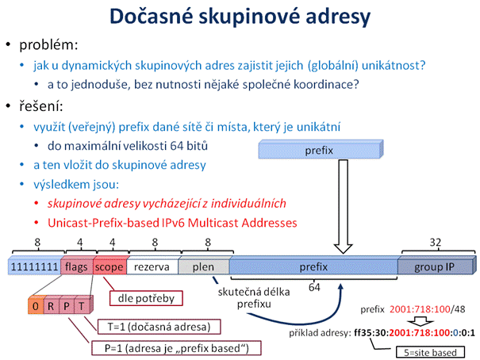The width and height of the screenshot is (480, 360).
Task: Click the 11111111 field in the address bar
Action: (35, 266)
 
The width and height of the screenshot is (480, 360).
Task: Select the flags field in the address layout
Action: (76, 266)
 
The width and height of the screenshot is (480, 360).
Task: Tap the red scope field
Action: (109, 266)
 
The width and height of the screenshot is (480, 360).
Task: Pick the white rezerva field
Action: (152, 266)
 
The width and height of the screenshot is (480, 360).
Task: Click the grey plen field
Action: (204, 266)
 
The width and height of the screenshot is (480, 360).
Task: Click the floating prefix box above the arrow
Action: (321, 150)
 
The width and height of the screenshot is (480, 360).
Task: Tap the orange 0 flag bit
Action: (36, 305)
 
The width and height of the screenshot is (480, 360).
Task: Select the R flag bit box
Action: (52, 305)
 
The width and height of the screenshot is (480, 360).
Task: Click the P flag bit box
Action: (67, 305)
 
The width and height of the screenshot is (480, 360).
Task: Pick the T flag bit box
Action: (82, 305)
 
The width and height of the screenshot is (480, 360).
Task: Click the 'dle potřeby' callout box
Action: (146, 298)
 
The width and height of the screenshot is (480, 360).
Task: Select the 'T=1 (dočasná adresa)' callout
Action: (159, 327)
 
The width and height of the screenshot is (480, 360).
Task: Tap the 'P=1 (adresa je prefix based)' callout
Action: (176, 348)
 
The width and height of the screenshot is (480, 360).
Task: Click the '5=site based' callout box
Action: (430, 352)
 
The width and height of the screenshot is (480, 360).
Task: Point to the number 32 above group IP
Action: (436, 243)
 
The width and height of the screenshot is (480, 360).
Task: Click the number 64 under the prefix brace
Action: (314, 287)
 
